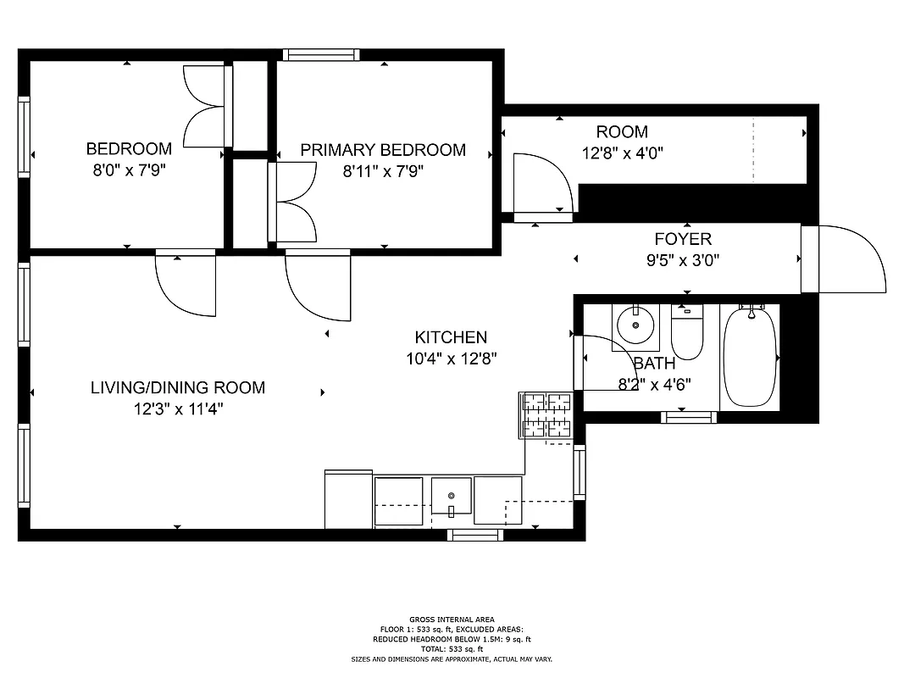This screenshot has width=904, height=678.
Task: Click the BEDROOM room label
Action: tap(129, 149)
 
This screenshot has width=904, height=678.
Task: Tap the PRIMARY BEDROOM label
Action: tap(383, 150)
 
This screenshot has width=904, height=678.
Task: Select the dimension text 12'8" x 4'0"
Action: tap(622, 153)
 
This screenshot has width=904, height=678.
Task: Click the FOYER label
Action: tap(682, 240)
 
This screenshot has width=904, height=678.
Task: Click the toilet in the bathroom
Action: tap(687, 332)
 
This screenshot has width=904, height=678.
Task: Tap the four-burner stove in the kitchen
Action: tap(546, 415)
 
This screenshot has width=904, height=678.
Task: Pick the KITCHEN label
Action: tap(451, 337)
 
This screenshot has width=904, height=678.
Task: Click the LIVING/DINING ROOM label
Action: tap(177, 388)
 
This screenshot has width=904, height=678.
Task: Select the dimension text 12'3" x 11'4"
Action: tap(177, 409)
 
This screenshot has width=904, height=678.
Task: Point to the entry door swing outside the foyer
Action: tap(847, 258)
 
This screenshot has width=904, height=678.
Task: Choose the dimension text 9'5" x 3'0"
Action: tap(682, 261)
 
